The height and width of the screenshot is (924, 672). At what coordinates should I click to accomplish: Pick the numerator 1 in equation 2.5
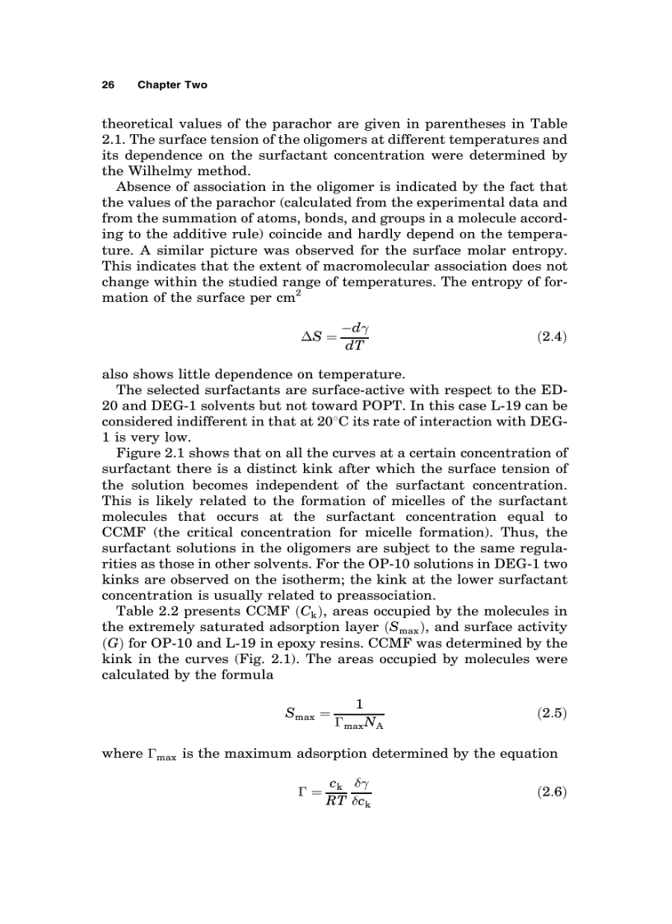(x=360, y=703)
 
